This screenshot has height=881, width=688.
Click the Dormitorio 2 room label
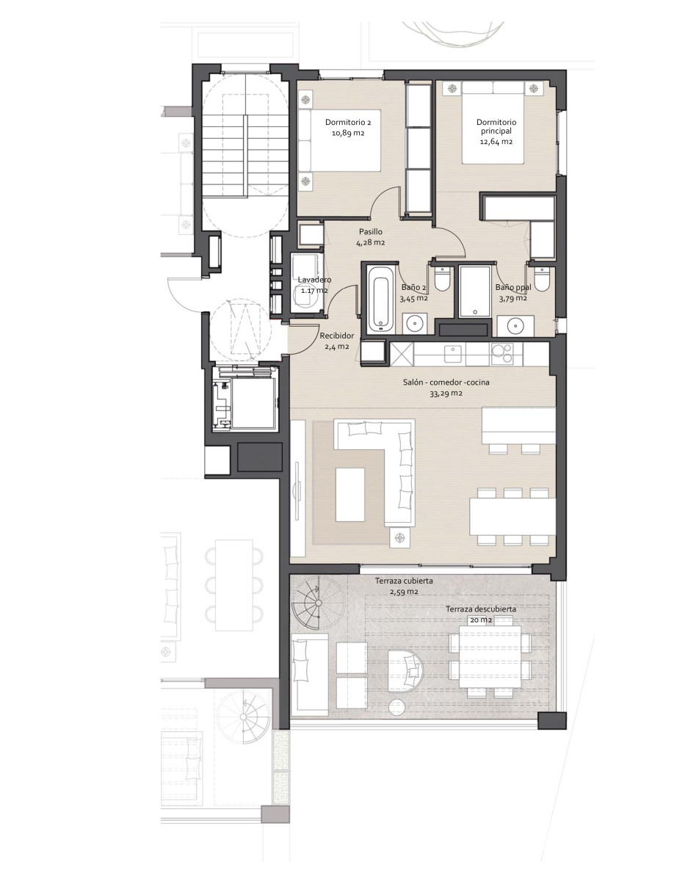[348, 122]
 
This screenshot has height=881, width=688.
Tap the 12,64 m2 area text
[496, 142]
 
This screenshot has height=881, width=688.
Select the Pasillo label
[371, 232]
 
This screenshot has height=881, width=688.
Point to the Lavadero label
[314, 280]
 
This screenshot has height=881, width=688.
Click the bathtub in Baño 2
[381, 300]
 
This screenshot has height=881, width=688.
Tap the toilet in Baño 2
[441, 278]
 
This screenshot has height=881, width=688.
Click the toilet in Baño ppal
[541, 278]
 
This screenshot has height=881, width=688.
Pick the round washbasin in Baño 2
[414, 324]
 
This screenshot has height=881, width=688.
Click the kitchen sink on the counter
[454, 354]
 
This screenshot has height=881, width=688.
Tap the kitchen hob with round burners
[502, 353]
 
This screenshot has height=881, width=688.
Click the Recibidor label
[337, 336]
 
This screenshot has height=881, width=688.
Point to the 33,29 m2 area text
[446, 394]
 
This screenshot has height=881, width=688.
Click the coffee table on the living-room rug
[350, 495]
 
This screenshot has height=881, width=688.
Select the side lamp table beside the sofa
[400, 537]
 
